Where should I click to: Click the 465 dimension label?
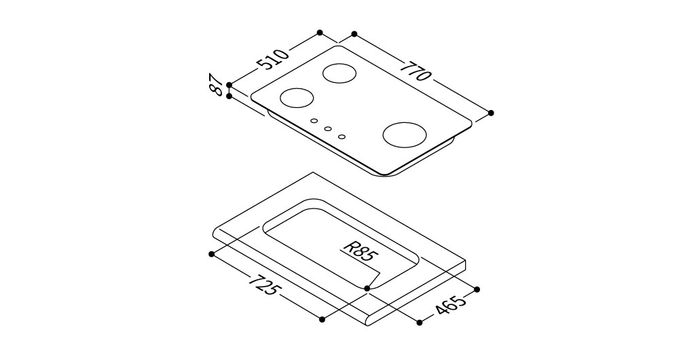450,304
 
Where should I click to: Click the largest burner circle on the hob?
405,134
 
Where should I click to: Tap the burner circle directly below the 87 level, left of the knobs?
297,98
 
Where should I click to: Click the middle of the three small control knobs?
328,128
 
